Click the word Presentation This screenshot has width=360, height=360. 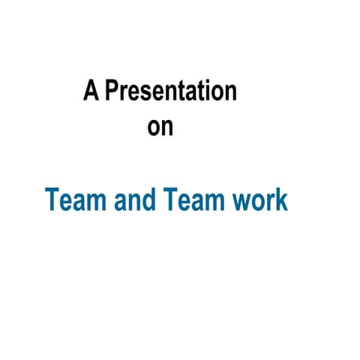(x=171, y=91)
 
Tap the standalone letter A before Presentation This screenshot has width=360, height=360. (x=91, y=91)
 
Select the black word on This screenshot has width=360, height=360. (x=160, y=126)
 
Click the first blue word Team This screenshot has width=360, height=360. (x=73, y=200)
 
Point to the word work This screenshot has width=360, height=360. (x=260, y=200)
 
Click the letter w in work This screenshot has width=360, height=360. (x=243, y=202)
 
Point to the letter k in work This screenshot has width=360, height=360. (x=282, y=200)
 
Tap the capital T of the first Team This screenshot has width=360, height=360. (x=52, y=200)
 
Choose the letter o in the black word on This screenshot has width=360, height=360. (x=154, y=127)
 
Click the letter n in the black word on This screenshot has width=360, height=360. (x=167, y=127)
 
